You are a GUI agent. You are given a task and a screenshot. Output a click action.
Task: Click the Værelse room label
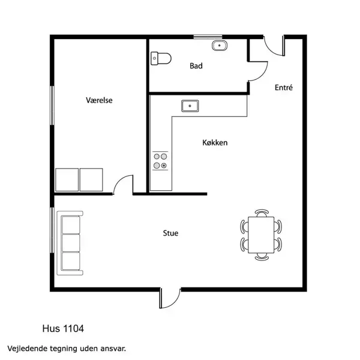pos(99,100)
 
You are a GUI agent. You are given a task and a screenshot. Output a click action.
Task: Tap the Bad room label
pos(196,66)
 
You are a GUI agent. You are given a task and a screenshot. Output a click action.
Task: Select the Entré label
pos(284,88)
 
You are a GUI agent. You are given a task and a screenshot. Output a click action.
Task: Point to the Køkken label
pos(215,143)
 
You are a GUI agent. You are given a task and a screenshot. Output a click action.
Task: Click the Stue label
pos(170,233)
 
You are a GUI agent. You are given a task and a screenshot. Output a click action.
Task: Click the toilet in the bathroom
pos(161,59)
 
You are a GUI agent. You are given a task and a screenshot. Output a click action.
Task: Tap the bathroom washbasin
pos(220,46)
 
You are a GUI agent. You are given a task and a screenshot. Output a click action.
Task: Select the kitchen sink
pos(190,106)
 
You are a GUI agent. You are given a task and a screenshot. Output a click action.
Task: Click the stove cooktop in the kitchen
pos(160,161)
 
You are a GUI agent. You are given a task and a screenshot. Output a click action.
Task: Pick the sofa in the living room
pos(70,243)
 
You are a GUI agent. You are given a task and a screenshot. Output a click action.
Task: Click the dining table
pos(261,235)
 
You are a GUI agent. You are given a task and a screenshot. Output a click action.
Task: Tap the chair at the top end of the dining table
pos(262,213)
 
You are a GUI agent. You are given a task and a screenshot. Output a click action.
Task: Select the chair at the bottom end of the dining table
pos(262,257)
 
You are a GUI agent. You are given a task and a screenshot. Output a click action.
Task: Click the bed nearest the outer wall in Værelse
pos(67,180)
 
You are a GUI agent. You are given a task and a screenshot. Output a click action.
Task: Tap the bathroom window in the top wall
pos(208,37)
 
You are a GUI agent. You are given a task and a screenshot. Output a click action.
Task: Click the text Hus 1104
pos(63,329)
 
